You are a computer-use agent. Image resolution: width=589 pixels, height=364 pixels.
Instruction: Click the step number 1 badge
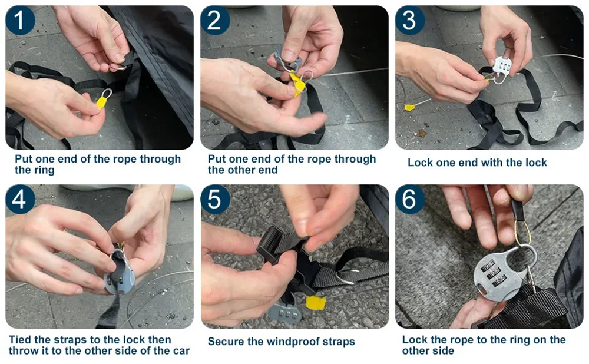click(x=20, y=20)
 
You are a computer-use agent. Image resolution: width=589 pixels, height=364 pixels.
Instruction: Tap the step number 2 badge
click(x=215, y=20)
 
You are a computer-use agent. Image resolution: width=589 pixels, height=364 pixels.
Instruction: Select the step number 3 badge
click(x=410, y=20)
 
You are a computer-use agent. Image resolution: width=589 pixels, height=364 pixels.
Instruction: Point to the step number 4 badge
click(x=20, y=199)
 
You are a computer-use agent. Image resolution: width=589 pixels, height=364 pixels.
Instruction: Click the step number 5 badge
click(x=215, y=199)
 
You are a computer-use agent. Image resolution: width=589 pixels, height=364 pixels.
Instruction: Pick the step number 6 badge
click(x=410, y=199)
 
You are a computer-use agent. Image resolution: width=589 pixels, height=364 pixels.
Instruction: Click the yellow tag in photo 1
click(x=102, y=102)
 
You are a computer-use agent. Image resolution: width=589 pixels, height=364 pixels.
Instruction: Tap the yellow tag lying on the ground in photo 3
click(x=409, y=107)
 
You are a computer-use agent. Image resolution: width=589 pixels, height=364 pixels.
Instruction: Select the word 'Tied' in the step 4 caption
click(x=20, y=340)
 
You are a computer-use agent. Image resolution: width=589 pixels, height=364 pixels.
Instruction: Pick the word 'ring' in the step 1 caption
click(x=45, y=170)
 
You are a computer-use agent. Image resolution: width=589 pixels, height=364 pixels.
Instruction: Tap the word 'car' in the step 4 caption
click(x=181, y=351)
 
